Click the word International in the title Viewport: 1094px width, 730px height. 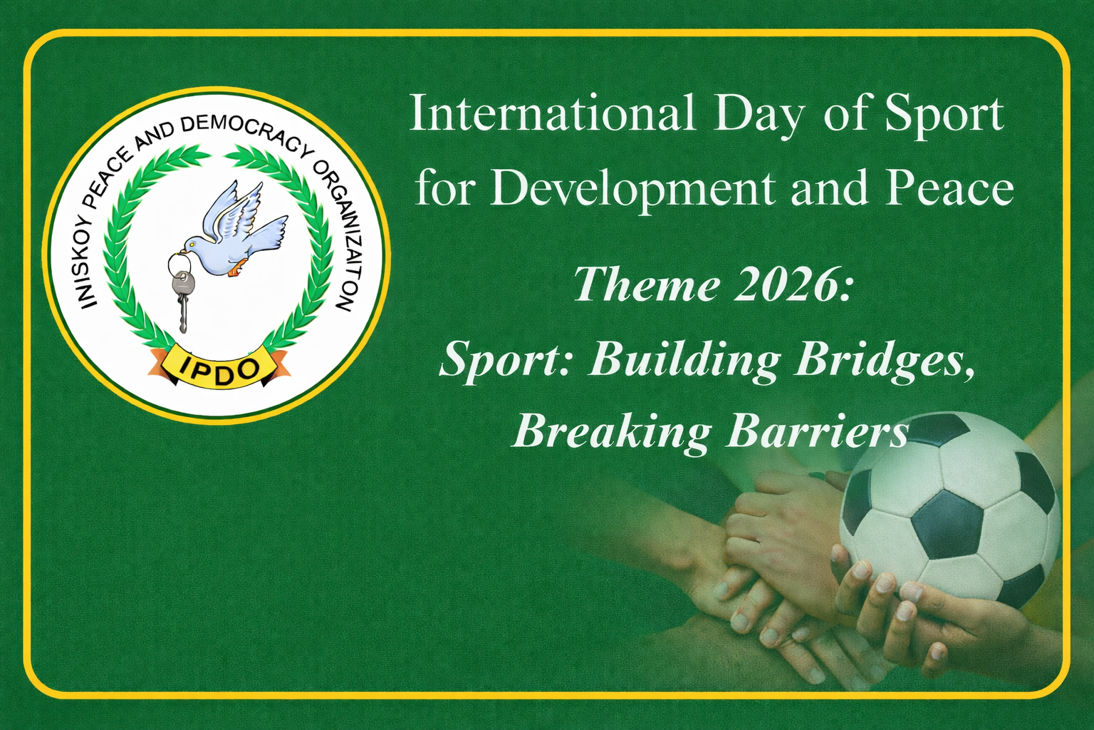[553, 113]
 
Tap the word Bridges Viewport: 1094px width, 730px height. [885, 361]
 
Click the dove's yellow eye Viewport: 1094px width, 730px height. [192, 243]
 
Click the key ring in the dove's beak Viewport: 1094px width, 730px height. [177, 267]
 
